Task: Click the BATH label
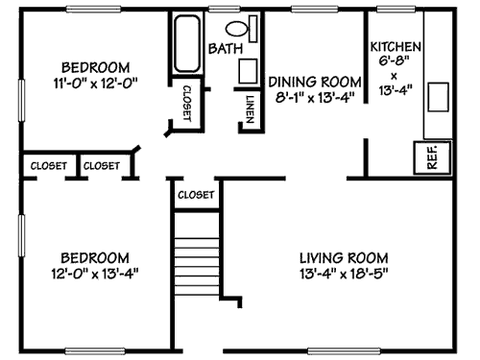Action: tap(226, 47)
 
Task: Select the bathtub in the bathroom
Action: tap(185, 44)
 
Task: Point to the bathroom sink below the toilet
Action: tap(248, 71)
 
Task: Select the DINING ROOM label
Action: tap(314, 82)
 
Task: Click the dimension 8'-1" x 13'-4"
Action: tap(314, 97)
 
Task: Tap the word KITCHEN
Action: tap(395, 46)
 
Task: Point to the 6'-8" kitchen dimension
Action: tap(395, 60)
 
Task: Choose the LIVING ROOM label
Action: tap(343, 257)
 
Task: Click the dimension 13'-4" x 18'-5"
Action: tap(343, 273)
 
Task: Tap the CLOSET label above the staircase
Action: tap(196, 195)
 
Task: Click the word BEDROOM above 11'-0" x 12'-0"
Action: tap(95, 67)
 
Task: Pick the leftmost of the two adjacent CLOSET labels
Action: tap(49, 166)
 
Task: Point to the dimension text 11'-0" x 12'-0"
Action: tap(95, 83)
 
